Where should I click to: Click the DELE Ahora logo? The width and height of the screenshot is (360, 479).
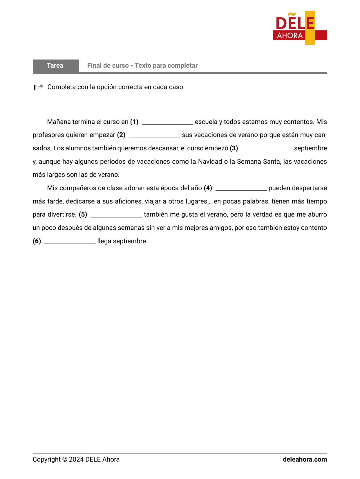pos(300,28)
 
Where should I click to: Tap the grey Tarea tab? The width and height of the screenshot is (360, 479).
pos(55,66)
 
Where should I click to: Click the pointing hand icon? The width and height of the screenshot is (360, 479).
pos(38,87)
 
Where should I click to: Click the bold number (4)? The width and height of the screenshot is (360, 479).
pos(208,188)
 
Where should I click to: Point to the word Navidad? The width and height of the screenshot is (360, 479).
pos(210,162)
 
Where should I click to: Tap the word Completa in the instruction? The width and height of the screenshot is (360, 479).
pos(61,87)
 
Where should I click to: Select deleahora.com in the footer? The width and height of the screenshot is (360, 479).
pos(305,460)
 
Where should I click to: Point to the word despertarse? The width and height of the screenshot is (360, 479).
pos(298,188)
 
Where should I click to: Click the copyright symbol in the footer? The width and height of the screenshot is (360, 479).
pos(65,460)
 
